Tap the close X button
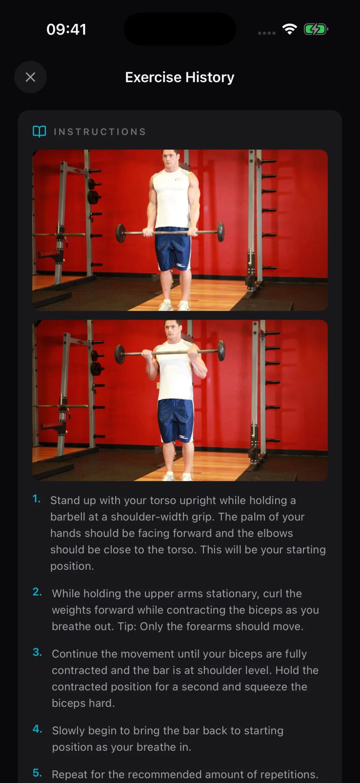[x=30, y=77]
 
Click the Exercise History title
[x=180, y=77]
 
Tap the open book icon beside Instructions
[x=40, y=131]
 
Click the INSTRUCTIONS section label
[x=100, y=132]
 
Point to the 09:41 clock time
[x=66, y=30]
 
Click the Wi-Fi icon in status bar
[x=290, y=29]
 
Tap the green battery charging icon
[x=315, y=30]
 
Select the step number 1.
[x=37, y=499]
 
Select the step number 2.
[x=37, y=592]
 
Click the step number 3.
[x=37, y=652]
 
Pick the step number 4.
[x=37, y=729]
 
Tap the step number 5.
[x=37, y=773]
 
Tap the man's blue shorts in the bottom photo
[x=176, y=420]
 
